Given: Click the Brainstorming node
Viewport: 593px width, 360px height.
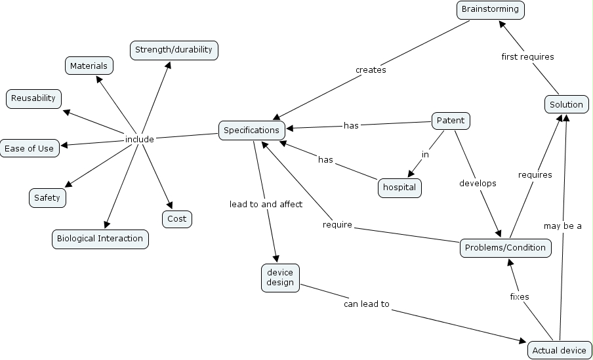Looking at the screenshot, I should pos(491,9).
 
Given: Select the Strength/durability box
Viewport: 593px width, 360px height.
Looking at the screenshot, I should pos(174,50).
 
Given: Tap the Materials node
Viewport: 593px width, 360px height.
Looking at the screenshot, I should pos(89,66).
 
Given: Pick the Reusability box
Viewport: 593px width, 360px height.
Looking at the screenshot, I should pos(34,98).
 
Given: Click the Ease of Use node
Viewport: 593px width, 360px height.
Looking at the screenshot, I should pos(30,148).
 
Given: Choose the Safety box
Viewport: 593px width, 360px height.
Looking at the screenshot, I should pos(47,197).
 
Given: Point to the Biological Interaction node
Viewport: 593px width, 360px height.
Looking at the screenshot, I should pos(100,239).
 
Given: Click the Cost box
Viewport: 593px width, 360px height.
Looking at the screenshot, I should pos(177,219).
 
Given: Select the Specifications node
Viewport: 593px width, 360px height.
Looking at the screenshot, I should pos(252,130).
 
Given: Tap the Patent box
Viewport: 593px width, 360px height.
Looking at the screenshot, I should pos(451,121).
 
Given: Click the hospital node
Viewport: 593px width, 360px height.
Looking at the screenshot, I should pos(399,188).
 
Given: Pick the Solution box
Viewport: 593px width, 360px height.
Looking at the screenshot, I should pos(566,104).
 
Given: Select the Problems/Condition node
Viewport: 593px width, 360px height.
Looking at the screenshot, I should pos(505,248).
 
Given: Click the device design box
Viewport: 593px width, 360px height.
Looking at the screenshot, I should pos(280,277).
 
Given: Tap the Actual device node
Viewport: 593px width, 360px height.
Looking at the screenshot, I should pos(560,350).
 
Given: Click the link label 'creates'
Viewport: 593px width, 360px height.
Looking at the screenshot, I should pos(371,70).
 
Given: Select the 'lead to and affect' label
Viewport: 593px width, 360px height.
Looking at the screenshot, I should pos(266,204).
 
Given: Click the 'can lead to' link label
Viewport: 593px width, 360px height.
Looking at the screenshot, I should pos(367,304).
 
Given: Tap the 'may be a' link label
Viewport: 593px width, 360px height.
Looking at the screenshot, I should pos(563,226).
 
